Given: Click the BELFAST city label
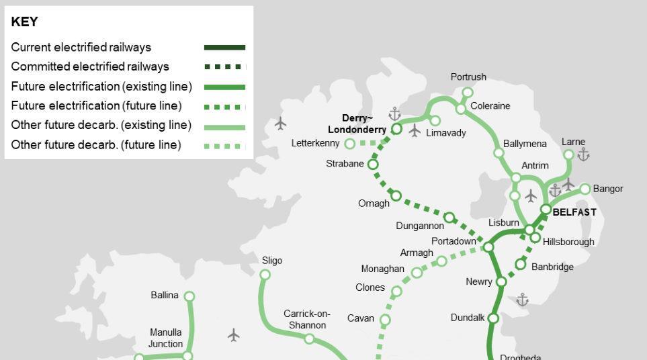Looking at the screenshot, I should tap(574, 212).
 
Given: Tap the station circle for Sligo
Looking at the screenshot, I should tap(265, 274).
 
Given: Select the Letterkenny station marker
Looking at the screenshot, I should tap(349, 143).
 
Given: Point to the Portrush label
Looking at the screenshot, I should tap(468, 77).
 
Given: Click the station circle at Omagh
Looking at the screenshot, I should tap(396, 195).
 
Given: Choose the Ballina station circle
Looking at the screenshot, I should tap(189, 296).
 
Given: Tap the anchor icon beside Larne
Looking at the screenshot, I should tap(583, 155).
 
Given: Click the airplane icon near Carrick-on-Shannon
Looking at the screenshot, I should tap(234, 334).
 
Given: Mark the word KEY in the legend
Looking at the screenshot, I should tap(25, 21).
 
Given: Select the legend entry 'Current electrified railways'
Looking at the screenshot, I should tap(81, 48).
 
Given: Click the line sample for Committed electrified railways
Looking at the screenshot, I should tap(224, 66).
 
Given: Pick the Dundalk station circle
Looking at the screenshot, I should tap(492, 318).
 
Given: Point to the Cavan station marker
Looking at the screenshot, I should tap(385, 320).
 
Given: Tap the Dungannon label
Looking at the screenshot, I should tap(420, 226).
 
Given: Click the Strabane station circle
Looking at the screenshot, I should tap(373, 164).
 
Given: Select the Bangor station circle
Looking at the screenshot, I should tap(585, 189).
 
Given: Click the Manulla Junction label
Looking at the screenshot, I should tap(165, 338).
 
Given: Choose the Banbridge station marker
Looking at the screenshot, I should tap(520, 265).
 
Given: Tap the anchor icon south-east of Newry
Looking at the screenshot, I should tap(523, 300).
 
